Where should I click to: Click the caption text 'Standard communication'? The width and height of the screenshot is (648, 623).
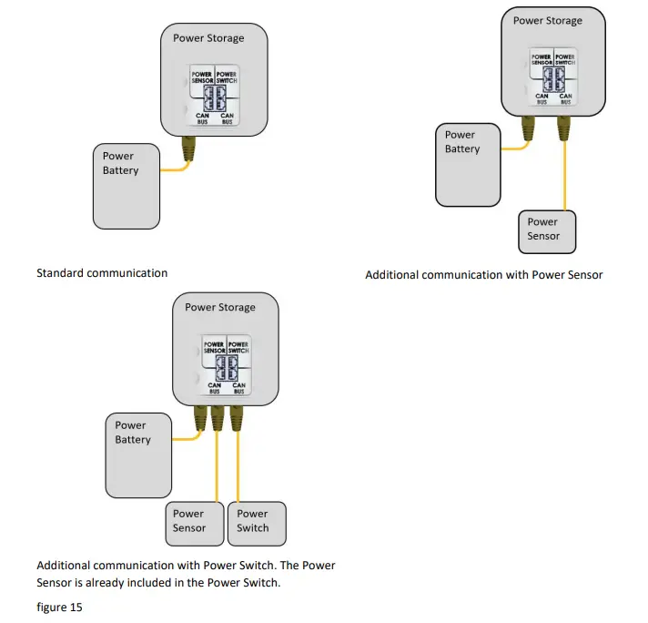pyautogui.click(x=102, y=272)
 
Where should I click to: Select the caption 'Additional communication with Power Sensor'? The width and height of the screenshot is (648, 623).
pyautogui.click(x=483, y=274)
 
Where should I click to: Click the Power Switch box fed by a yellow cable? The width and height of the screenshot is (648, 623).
pyautogui.click(x=258, y=523)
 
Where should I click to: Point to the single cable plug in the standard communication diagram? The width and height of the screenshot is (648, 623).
pyautogui.click(x=189, y=147)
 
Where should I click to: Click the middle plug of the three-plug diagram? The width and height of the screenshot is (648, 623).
pyautogui.click(x=218, y=418)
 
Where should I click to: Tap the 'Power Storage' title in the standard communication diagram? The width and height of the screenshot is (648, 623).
pyautogui.click(x=208, y=37)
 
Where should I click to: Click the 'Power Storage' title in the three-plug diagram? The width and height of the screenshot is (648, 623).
pyautogui.click(x=220, y=307)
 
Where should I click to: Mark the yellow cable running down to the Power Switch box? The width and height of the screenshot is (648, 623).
pyautogui.click(x=238, y=465)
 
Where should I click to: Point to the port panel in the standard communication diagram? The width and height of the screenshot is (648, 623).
pyautogui.click(x=215, y=95)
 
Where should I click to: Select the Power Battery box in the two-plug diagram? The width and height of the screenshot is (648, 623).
pyautogui.click(x=468, y=165)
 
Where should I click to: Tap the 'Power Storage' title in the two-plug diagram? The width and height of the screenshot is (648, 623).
pyautogui.click(x=547, y=20)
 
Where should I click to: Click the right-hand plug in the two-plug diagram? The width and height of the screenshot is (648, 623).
pyautogui.click(x=565, y=133)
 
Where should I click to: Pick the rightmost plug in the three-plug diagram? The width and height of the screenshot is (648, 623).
pyautogui.click(x=238, y=418)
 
